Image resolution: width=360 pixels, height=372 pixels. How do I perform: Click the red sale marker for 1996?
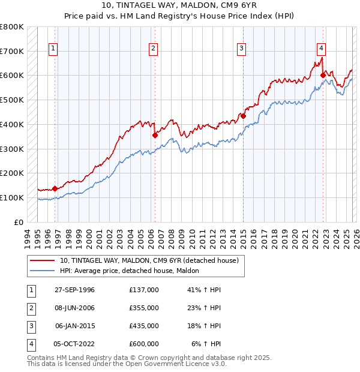[x=55, y=188]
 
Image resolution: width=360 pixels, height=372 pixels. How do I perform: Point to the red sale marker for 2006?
[x=155, y=135]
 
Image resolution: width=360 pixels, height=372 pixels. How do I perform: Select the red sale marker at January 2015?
[x=243, y=116]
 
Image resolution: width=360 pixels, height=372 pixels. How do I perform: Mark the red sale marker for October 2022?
[x=323, y=75]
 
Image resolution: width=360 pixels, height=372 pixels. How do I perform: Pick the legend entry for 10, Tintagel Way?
[x=149, y=260]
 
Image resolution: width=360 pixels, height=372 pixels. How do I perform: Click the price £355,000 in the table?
[x=143, y=308]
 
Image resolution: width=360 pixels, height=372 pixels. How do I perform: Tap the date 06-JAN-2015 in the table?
[x=74, y=326]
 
